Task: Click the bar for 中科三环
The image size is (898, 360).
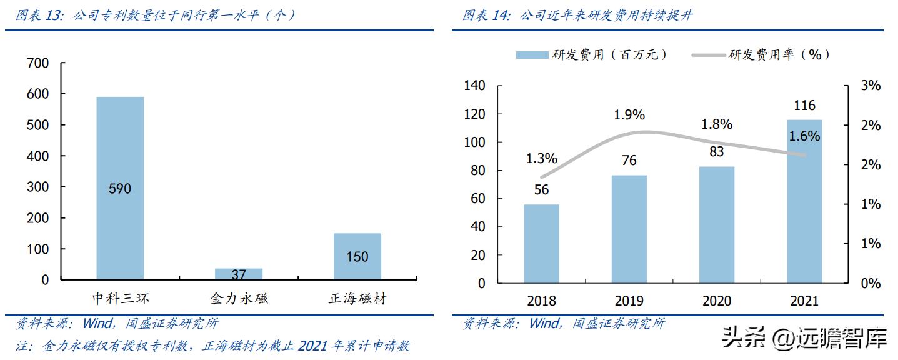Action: tap(120, 187)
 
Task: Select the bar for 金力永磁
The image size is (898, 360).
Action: tap(239, 274)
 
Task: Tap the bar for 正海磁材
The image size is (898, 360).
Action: tap(357, 256)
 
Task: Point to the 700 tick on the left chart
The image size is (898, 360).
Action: tap(38, 63)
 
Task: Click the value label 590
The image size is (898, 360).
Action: tap(119, 188)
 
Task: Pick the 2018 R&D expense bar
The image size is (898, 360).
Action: tap(541, 244)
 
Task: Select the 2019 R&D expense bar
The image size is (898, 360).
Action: tap(629, 229)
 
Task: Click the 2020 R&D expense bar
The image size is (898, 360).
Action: tap(717, 224)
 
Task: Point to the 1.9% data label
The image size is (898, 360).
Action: tap(629, 116)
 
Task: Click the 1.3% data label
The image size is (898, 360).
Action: tap(541, 159)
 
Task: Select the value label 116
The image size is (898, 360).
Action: tap(804, 106)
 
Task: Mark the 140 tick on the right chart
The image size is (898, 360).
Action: tap(474, 86)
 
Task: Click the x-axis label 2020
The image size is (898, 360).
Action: tap(717, 301)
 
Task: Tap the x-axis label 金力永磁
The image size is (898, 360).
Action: tap(239, 298)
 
